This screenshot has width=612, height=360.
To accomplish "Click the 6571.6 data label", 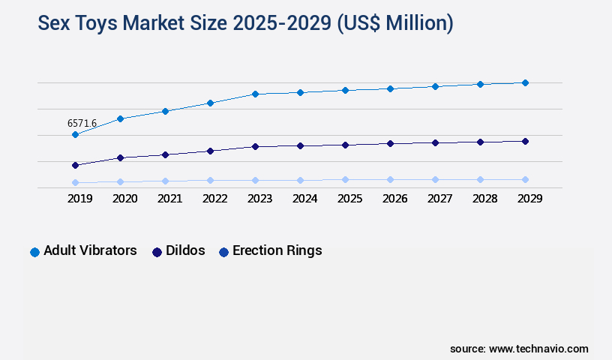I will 82,123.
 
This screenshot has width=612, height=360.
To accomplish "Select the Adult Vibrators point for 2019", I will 75,135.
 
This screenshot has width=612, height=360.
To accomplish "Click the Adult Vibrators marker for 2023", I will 255,94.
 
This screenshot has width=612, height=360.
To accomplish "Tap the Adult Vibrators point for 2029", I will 525,82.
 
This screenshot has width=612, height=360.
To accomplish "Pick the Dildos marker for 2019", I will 75,165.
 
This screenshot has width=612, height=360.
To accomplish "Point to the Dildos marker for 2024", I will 300,145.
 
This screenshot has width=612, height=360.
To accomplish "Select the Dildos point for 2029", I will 525,141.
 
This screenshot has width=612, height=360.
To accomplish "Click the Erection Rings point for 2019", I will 75,182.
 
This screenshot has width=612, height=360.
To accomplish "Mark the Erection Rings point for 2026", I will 390,179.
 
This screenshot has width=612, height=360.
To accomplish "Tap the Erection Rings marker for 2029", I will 525,179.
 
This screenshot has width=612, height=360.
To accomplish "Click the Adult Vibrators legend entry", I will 83,250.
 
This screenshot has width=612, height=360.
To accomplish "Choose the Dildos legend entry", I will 178,250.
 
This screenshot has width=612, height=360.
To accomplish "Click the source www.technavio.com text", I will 519,349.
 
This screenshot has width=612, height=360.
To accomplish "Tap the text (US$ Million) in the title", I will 395,23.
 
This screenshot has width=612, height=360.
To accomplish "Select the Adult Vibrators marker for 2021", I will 165,111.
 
